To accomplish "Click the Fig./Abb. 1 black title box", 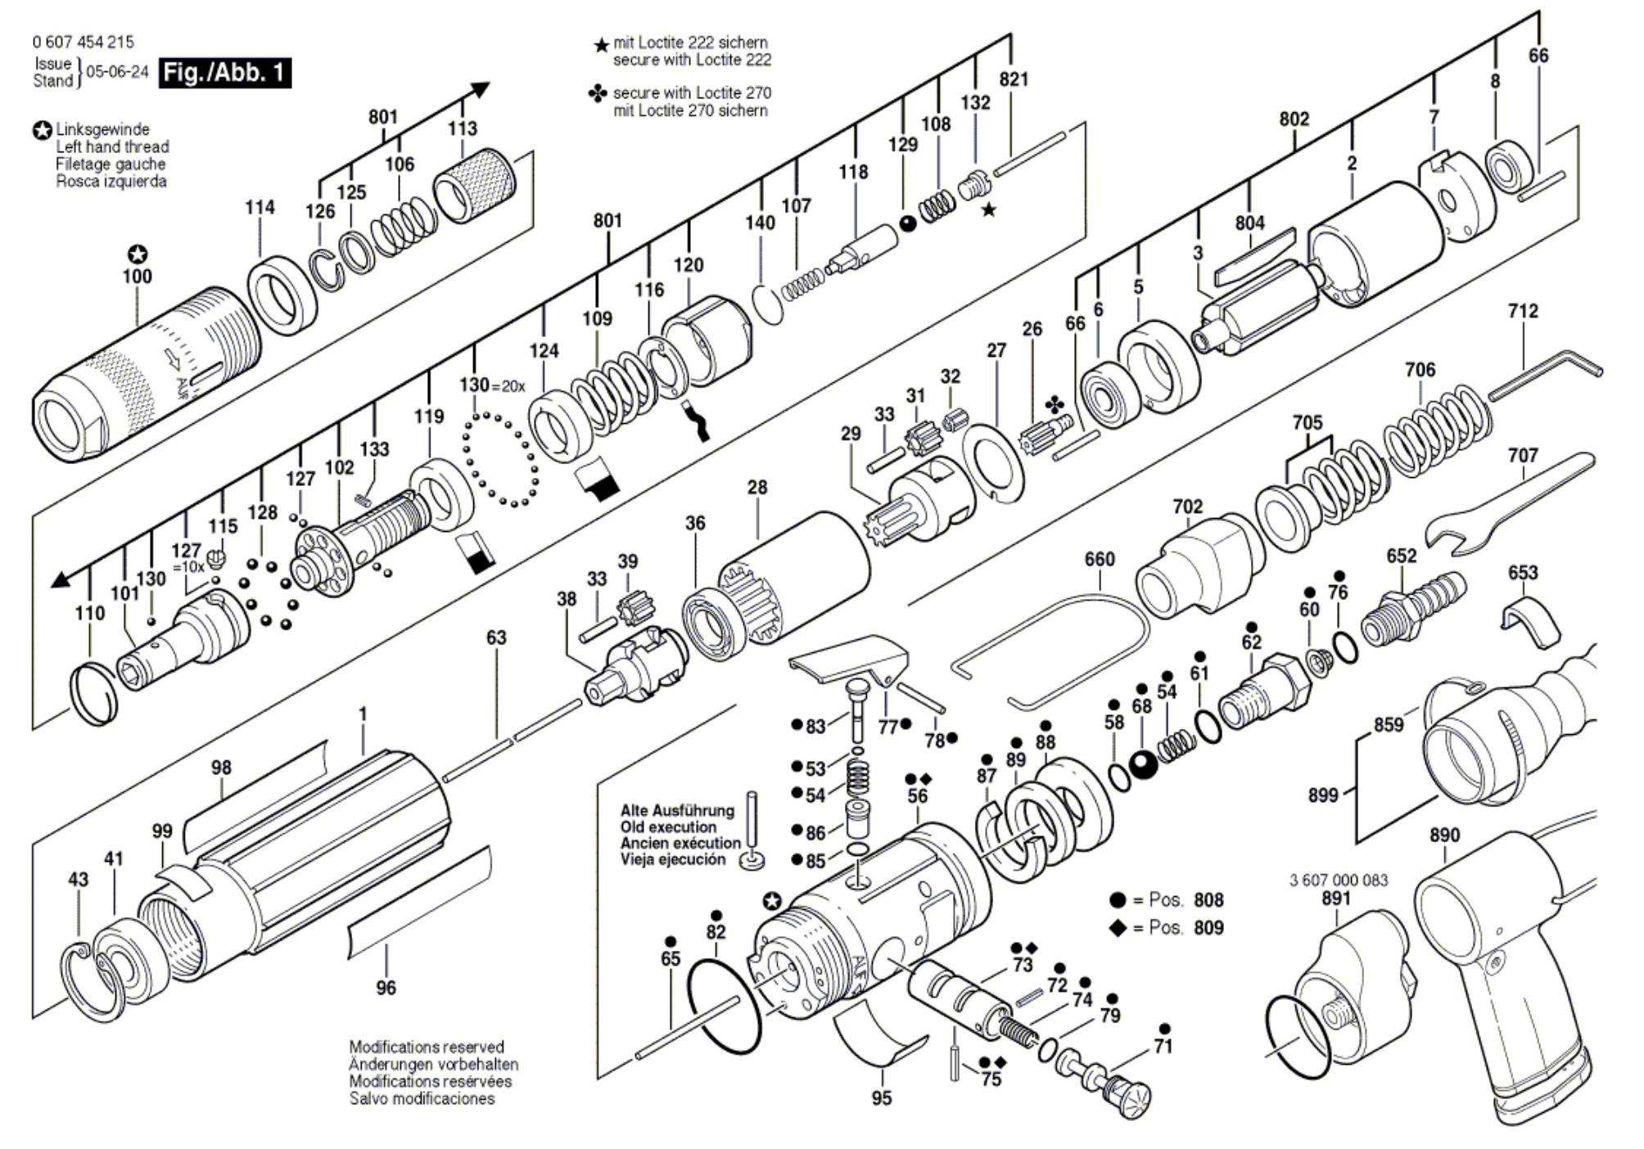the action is tap(225, 73).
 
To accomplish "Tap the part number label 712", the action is tap(1523, 311).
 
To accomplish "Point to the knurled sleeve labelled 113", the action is tap(474, 186).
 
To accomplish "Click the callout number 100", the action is tap(137, 277).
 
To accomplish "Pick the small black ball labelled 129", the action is tap(908, 223).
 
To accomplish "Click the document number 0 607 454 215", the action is tap(83, 42).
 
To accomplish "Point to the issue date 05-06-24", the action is tap(117, 72).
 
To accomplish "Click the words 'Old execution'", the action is tap(668, 827).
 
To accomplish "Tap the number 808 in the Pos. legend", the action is tap(1208, 900).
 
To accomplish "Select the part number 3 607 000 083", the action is tap(1339, 881).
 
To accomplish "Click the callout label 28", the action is tap(757, 488).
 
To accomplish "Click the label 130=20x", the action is tap(492, 385).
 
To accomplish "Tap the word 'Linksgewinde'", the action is tap(102, 130).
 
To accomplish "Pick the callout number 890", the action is tap(1444, 836).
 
